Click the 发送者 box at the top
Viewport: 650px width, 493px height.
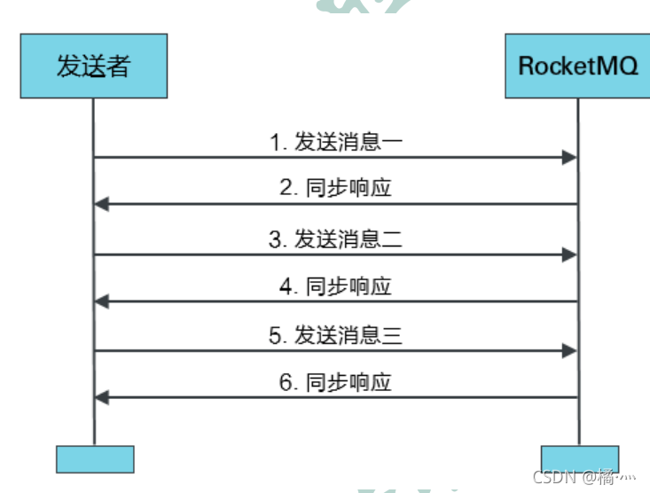click(x=93, y=66)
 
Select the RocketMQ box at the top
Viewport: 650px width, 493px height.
click(x=577, y=66)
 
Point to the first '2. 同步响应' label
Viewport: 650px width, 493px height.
click(x=336, y=189)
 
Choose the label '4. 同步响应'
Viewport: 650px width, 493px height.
click(x=336, y=286)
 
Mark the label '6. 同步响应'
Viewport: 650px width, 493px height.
click(x=336, y=383)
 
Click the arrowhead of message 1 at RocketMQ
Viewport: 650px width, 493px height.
click(x=570, y=158)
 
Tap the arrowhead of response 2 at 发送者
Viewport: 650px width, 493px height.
click(x=101, y=205)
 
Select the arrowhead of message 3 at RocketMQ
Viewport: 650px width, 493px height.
click(x=570, y=254)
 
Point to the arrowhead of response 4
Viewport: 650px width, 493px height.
click(x=101, y=302)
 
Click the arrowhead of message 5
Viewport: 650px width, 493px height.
click(x=570, y=351)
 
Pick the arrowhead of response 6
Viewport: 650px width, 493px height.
click(x=101, y=398)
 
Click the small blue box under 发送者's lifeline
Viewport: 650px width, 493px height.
click(x=95, y=458)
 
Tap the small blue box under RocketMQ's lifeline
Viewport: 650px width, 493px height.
click(x=578, y=458)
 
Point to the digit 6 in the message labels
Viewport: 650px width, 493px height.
click(x=286, y=384)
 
